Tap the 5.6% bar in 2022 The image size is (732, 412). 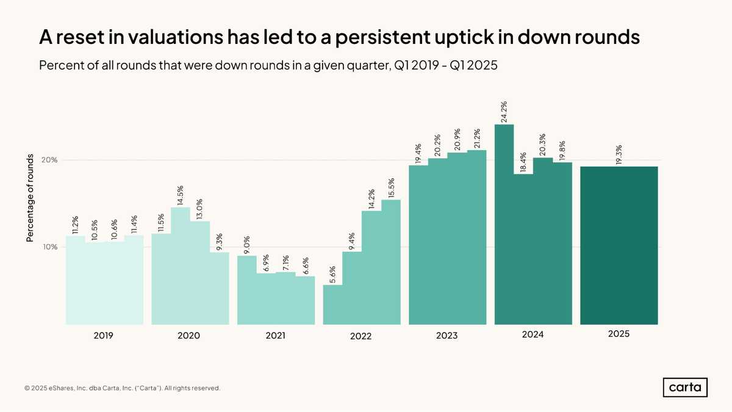332,305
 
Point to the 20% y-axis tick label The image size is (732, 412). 49,160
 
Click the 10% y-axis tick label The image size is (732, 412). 49,247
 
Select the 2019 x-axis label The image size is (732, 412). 104,335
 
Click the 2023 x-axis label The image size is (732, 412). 447,335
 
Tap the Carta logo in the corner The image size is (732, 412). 685,388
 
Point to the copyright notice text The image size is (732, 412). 122,388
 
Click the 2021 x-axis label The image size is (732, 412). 275,335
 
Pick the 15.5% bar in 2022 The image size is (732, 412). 391,262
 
